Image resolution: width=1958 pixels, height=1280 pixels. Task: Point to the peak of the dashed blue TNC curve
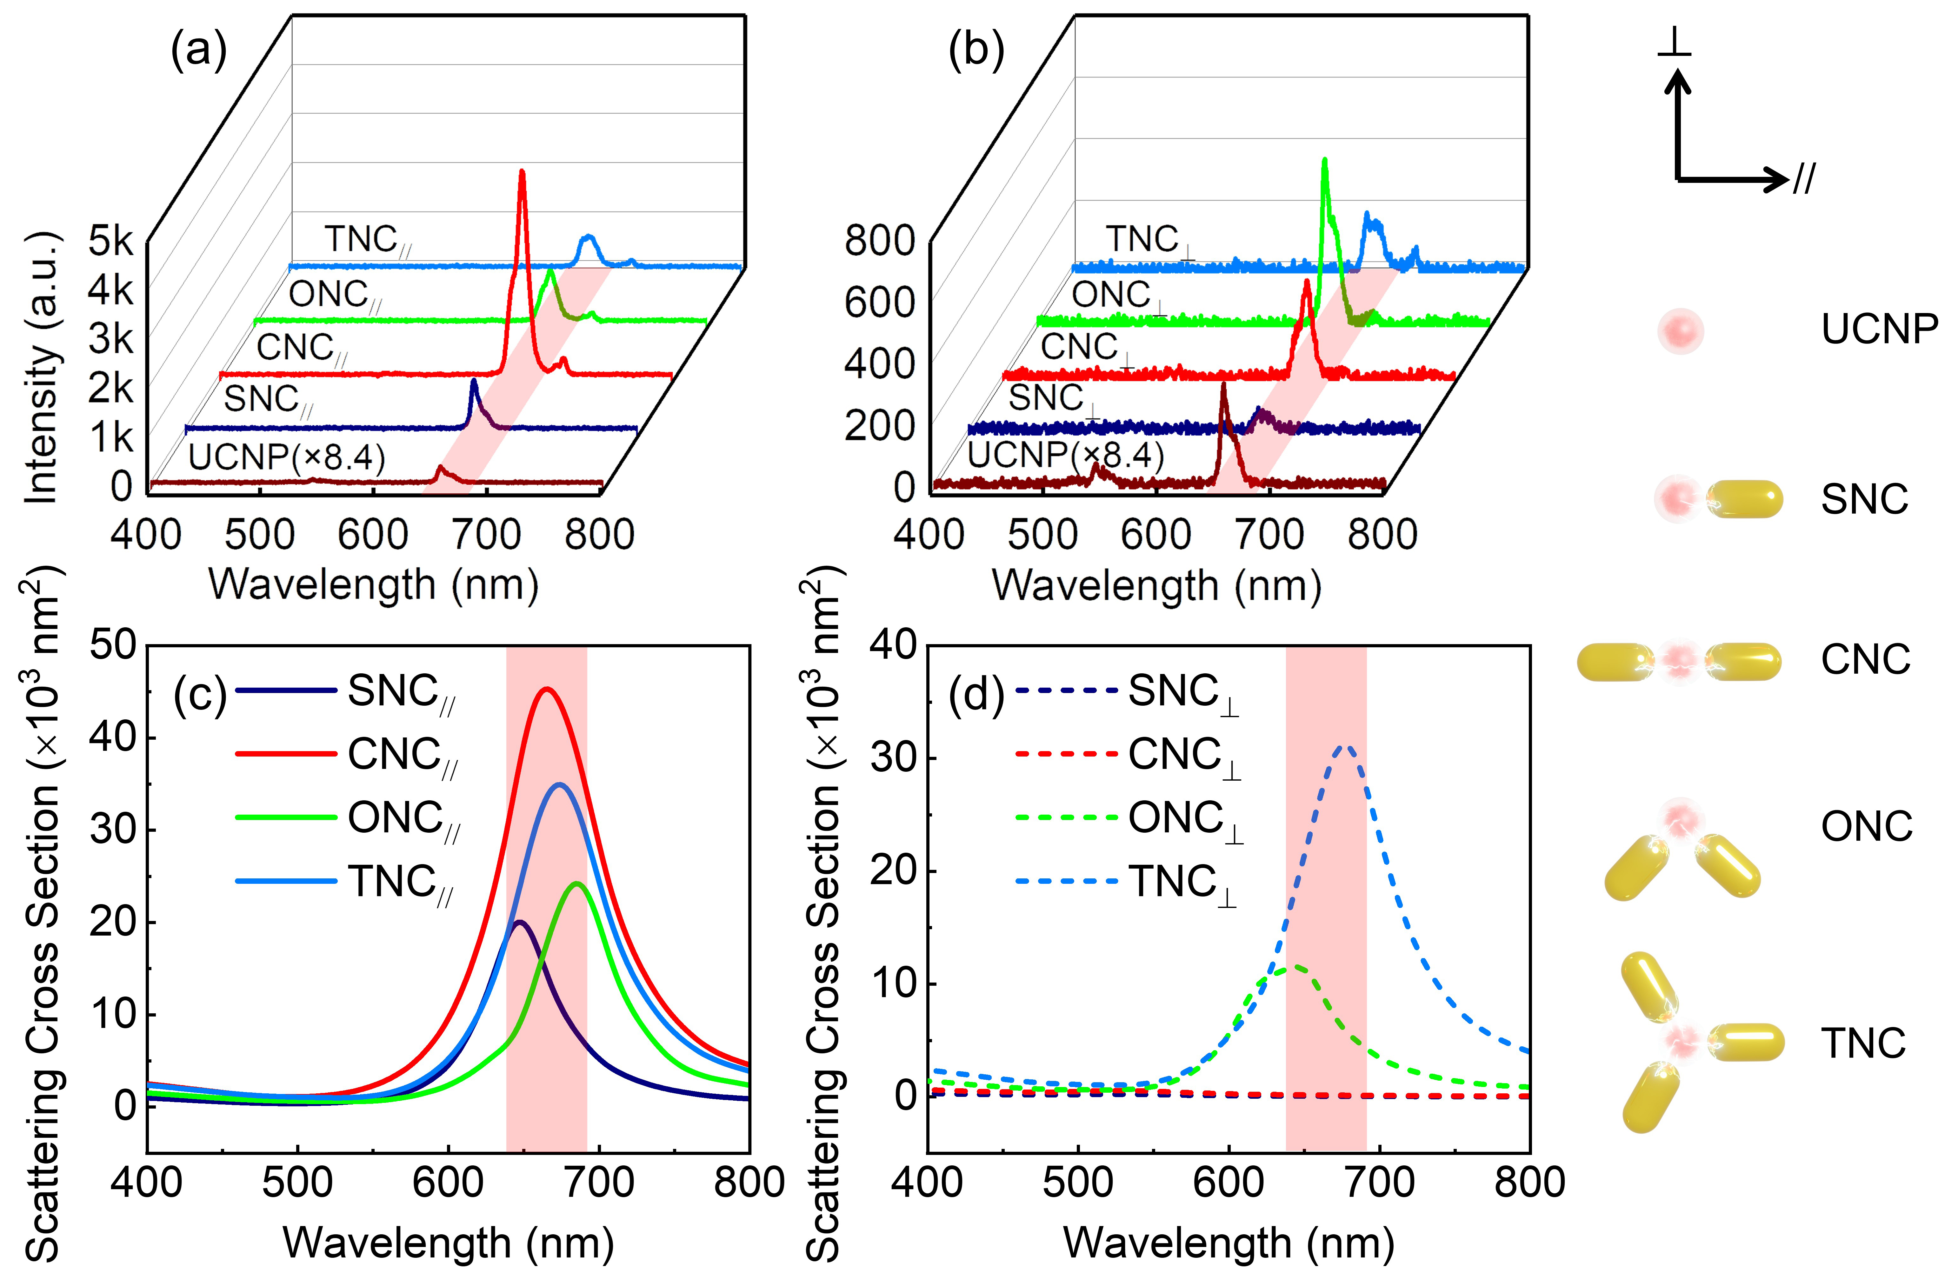click(1345, 747)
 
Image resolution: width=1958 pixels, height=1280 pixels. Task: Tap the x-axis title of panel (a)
click(374, 585)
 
